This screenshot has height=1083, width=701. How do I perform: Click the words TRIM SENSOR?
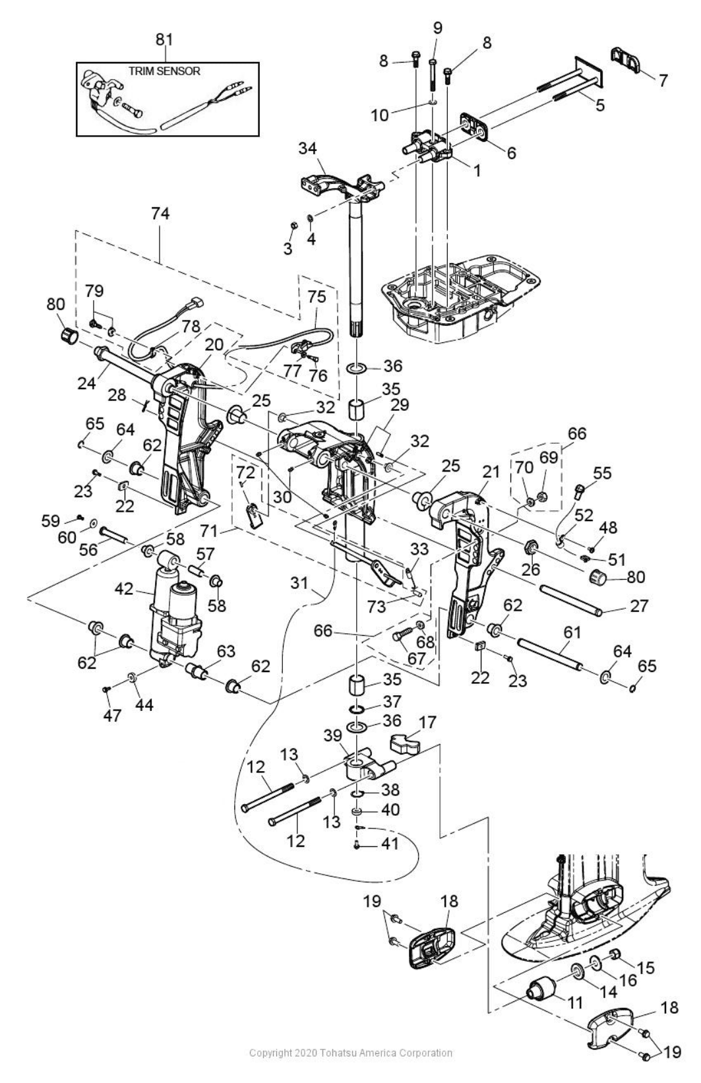(x=164, y=71)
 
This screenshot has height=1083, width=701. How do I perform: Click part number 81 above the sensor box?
(x=164, y=40)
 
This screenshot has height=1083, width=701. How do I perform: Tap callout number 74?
(x=160, y=213)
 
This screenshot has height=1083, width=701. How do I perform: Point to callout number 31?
(x=299, y=584)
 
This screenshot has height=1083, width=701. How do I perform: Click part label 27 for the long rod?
(x=638, y=605)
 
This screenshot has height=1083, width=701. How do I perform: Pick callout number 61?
(x=572, y=632)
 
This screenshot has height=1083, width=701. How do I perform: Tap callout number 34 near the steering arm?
(x=307, y=148)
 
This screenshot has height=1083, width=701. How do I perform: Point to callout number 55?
(x=601, y=472)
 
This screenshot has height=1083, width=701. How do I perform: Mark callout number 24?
(x=88, y=383)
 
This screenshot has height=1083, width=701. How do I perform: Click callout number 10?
(x=380, y=115)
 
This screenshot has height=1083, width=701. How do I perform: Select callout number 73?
(x=376, y=605)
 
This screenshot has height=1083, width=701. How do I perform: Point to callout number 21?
(x=491, y=472)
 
